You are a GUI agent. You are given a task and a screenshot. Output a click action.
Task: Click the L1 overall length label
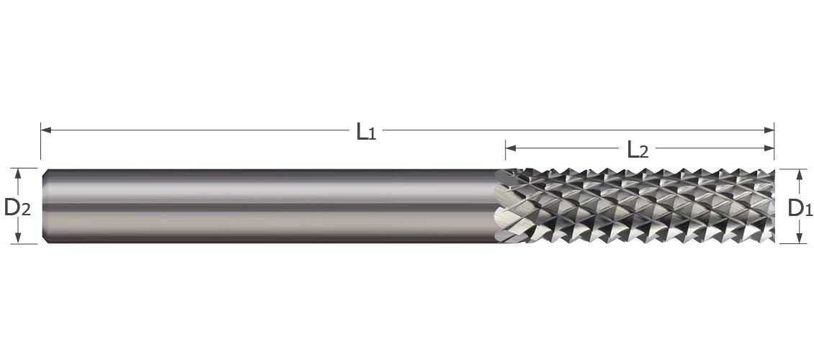366,132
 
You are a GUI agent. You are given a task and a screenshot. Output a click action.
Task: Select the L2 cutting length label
638,150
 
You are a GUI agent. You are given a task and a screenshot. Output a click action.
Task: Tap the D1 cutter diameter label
800,208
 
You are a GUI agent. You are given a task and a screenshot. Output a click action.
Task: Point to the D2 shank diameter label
17,208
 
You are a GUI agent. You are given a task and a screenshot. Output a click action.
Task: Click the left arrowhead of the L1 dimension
45,130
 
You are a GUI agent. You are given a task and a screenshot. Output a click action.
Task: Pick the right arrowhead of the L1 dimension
769,130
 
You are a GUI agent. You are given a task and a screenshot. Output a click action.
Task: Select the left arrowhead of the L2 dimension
511,148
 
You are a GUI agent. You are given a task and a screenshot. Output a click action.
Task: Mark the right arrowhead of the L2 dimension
769,148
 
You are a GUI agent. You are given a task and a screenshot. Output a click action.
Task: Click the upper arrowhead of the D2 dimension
18,174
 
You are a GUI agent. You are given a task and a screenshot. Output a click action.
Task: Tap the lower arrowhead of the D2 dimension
18,238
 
